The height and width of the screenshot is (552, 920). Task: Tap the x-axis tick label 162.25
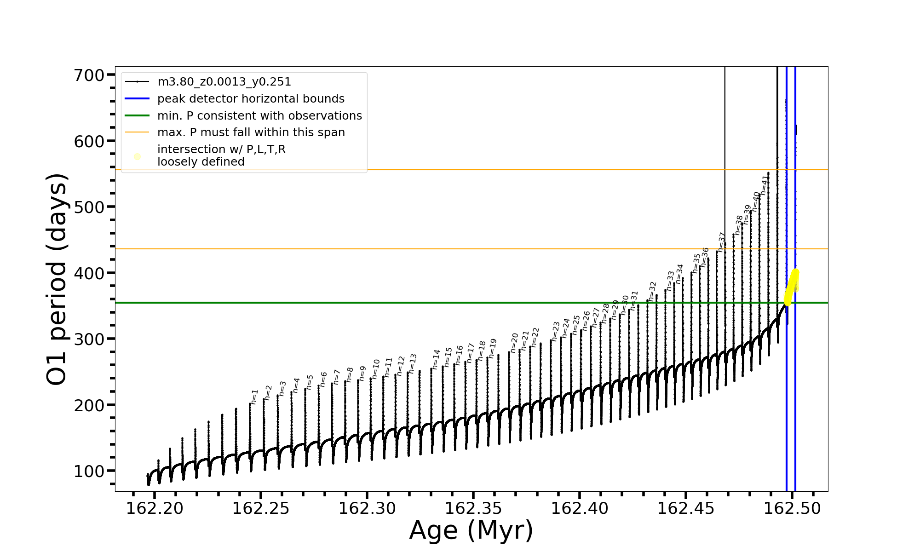pos(261,509)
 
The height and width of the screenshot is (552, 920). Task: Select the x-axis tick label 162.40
pos(580,509)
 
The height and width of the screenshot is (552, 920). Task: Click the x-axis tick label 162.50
pos(792,509)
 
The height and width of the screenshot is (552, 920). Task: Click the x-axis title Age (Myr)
pos(471,530)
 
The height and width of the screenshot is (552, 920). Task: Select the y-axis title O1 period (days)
pos(57,279)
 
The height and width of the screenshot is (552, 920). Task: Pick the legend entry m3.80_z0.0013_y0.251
pos(224,82)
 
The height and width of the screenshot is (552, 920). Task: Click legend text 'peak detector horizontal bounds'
pos(251,99)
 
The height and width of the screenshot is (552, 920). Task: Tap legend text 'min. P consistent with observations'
pos(259,116)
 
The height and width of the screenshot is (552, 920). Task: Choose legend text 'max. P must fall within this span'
pos(251,132)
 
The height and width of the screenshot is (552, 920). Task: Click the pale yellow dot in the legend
pos(137,157)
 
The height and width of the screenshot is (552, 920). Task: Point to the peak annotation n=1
pos(254,397)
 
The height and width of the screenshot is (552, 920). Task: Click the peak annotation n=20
pos(515,343)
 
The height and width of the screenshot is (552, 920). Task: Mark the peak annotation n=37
pos(722,241)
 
